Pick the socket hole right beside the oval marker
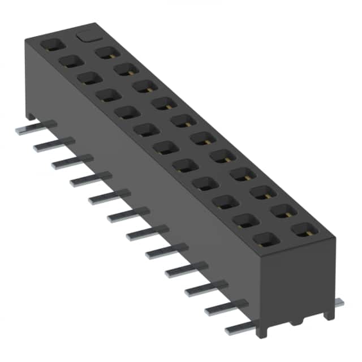point(105,53)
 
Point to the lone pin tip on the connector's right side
point(339,303)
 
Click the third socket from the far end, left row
point(89,77)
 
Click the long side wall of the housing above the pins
point(147,187)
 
